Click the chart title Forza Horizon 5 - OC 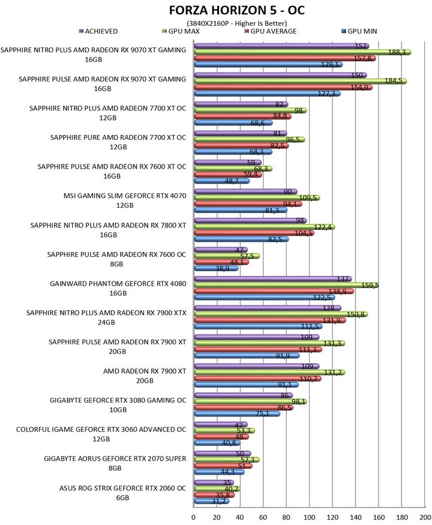coord(237,10)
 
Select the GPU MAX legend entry coord(181,31)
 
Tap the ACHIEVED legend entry coord(98,31)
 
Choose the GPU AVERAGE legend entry coord(271,31)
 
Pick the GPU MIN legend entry coord(359,31)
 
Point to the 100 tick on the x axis coord(309,517)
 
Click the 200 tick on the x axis coord(425,517)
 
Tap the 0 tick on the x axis coord(194,517)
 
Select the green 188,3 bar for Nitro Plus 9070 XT coord(303,52)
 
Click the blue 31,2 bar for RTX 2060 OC coord(212,501)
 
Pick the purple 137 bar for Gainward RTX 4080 coord(273,279)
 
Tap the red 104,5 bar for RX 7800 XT coord(254,233)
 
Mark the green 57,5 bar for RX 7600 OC coord(227,256)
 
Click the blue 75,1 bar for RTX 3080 coord(237,414)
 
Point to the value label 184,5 coord(393,80)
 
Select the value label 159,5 coord(370,285)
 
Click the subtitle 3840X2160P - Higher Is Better coord(237,23)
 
